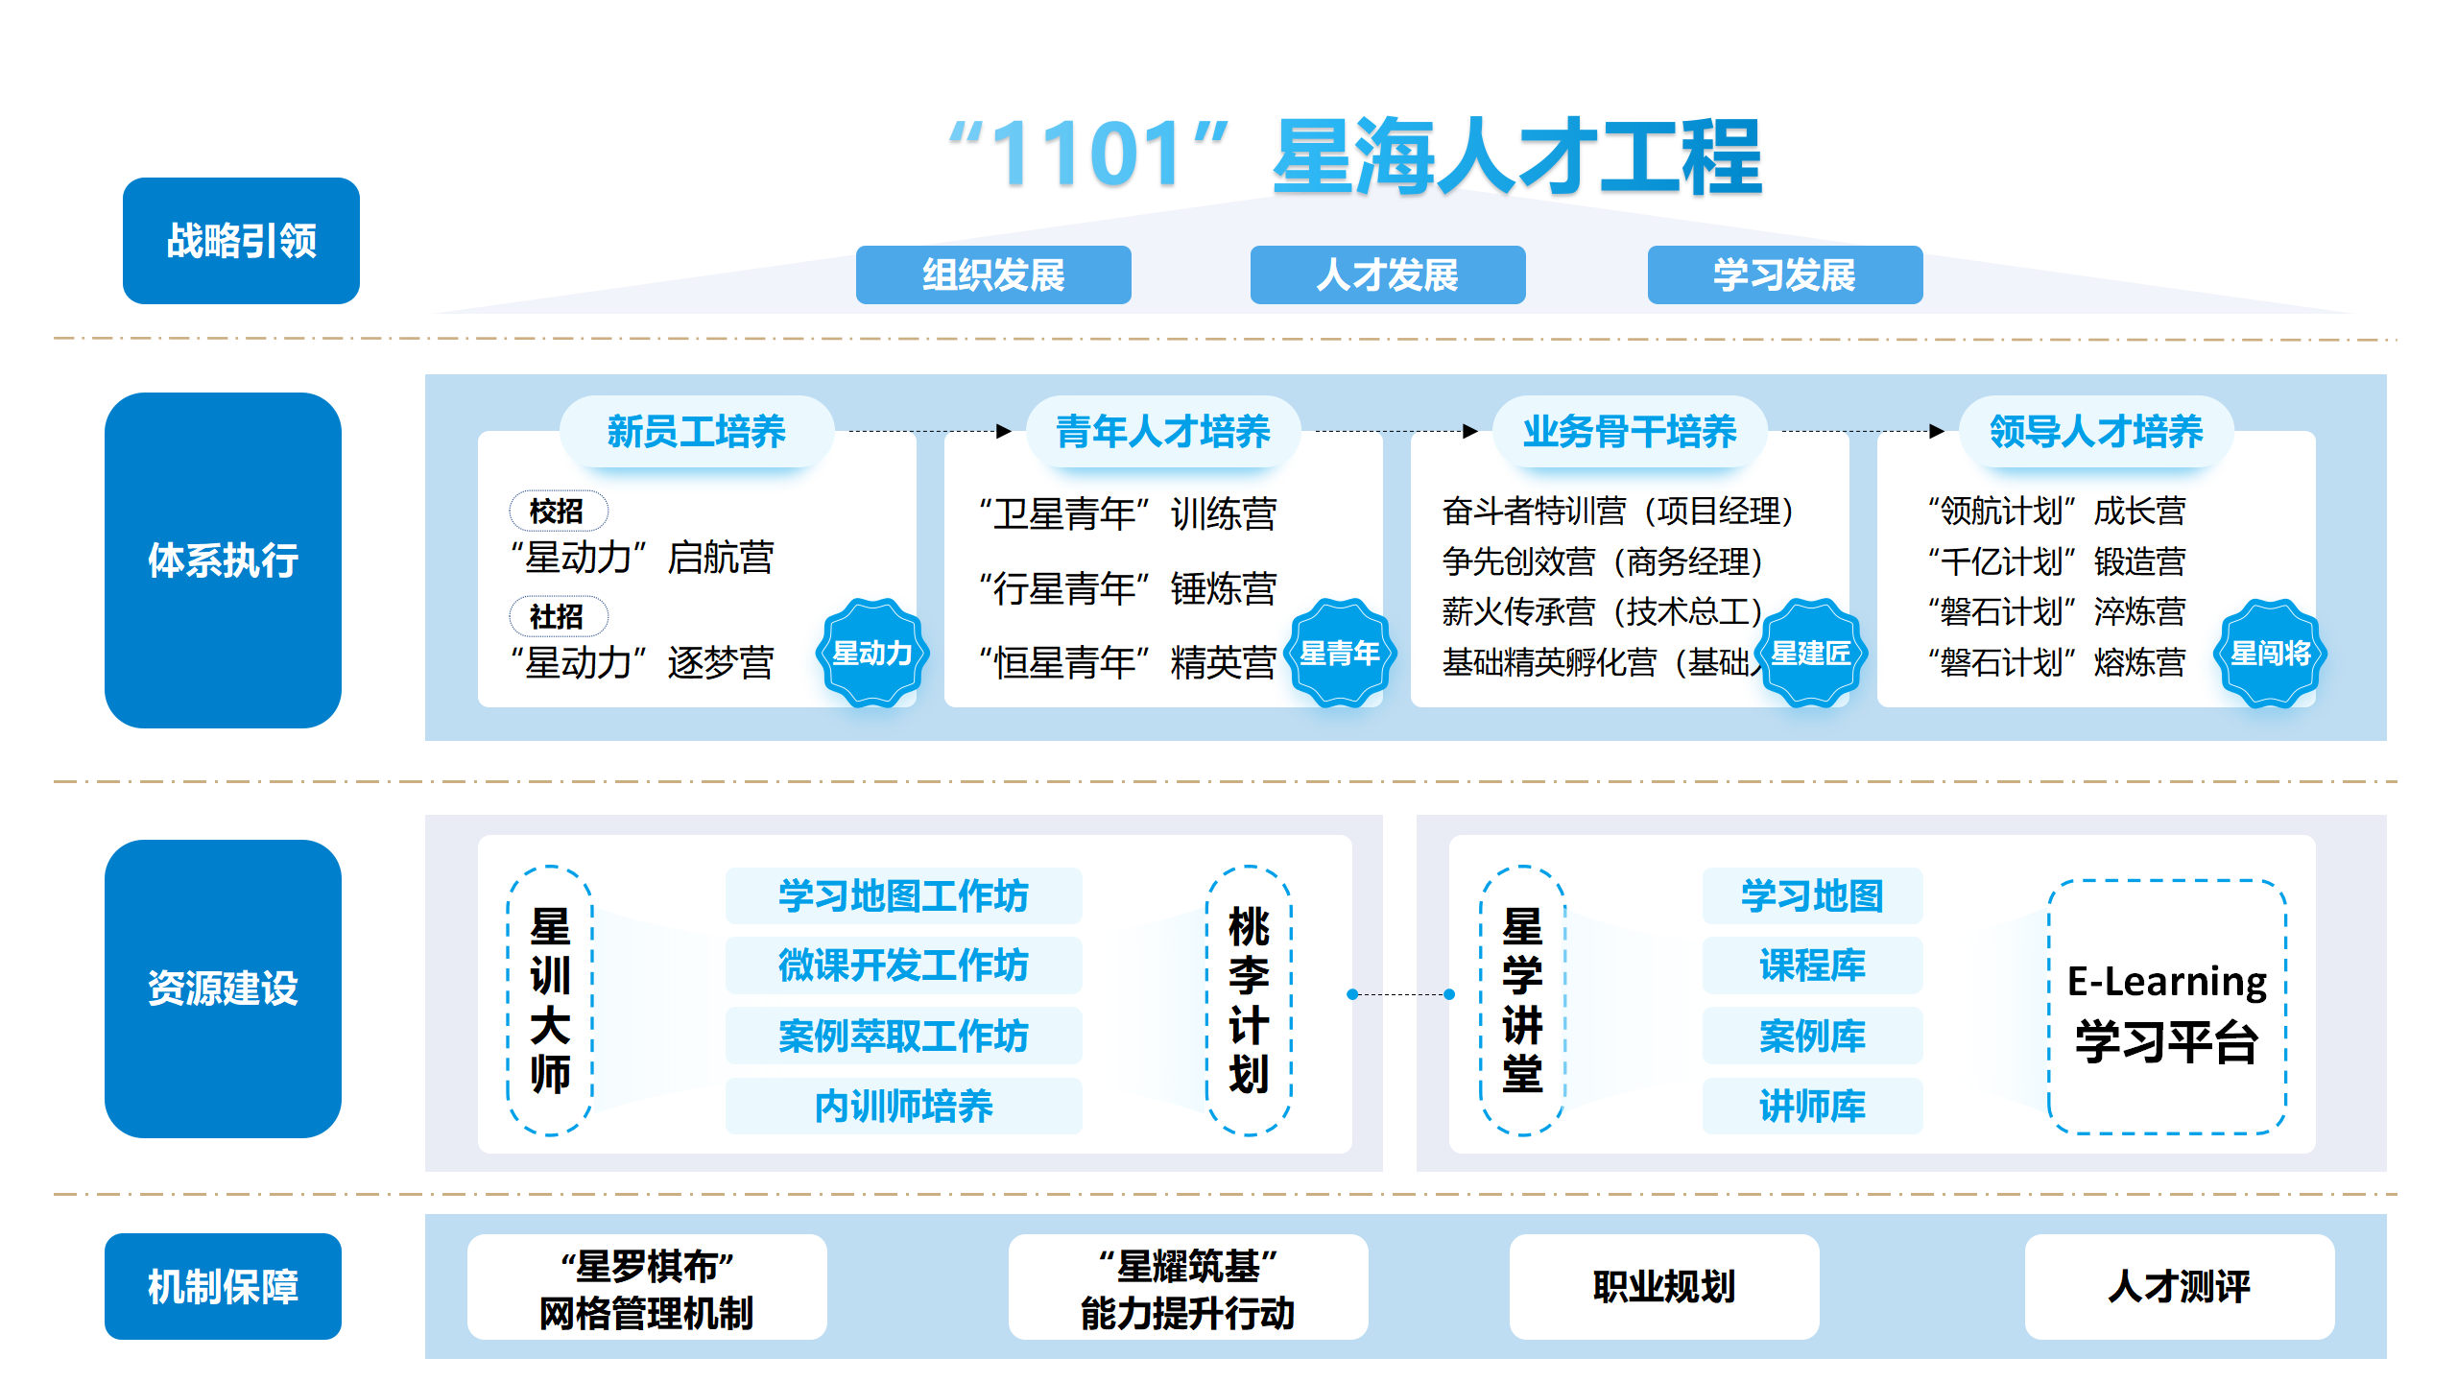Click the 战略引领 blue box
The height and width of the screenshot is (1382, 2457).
pyautogui.click(x=241, y=241)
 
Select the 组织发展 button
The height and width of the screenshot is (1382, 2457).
pyautogui.click(x=993, y=275)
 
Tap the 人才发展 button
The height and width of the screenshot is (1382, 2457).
pyautogui.click(x=1387, y=275)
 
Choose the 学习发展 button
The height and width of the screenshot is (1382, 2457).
pyautogui.click(x=1784, y=275)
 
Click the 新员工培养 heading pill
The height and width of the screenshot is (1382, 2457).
pyautogui.click(x=696, y=432)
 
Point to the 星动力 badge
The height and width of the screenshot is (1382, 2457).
pyautogui.click(x=871, y=654)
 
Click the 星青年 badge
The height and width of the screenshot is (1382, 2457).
pyautogui.click(x=1340, y=654)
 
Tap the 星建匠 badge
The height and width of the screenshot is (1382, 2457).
pyautogui.click(x=1810, y=654)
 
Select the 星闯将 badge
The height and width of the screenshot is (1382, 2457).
pyautogui.click(x=2271, y=654)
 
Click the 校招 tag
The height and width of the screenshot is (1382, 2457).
pyautogui.click(x=558, y=511)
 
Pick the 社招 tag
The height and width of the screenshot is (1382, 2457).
pyautogui.click(x=558, y=616)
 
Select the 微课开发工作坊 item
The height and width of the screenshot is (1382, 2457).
pyautogui.click(x=903, y=965)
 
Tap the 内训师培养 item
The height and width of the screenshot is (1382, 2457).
pyautogui.click(x=903, y=1107)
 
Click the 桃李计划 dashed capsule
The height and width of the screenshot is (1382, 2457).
pyautogui.click(x=1249, y=1000)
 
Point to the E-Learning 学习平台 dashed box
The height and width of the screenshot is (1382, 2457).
pyautogui.click(x=2167, y=1008)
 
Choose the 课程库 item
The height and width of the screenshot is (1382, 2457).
pyautogui.click(x=1812, y=965)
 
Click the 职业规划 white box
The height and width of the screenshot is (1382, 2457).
pyautogui.click(x=1663, y=1287)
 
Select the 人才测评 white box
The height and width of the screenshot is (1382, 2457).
pyautogui.click(x=2179, y=1287)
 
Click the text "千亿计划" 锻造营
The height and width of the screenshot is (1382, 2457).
pyautogui.click(x=2057, y=561)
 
